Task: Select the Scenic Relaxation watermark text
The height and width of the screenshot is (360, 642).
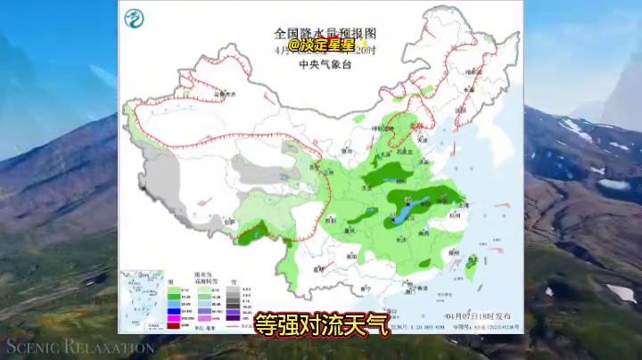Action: pos(80,347)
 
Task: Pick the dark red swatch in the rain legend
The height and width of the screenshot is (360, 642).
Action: pos(174,326)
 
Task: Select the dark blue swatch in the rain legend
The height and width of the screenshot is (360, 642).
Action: pos(174,310)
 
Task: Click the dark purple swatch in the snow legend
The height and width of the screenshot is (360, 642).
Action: pos(235,318)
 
